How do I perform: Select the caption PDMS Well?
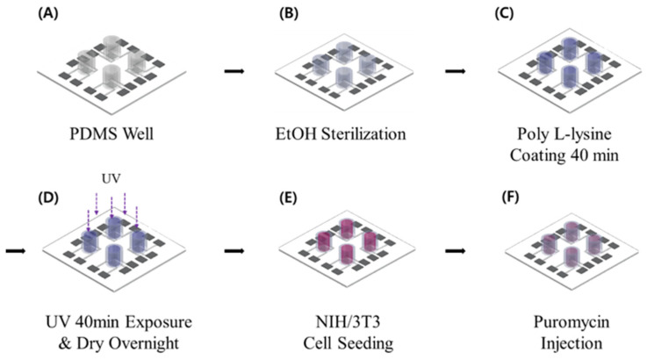pyautogui.click(x=111, y=140)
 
